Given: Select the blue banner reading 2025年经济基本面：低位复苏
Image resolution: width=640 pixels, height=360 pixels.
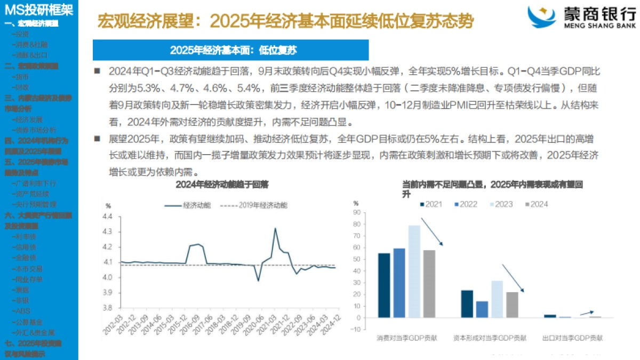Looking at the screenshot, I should click(230, 50).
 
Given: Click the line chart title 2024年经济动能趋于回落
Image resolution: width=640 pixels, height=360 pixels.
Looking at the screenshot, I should click(222, 185).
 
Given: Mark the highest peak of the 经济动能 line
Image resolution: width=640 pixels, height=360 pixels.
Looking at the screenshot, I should click(275, 229).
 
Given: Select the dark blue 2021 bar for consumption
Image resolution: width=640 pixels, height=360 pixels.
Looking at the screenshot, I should click(383, 285).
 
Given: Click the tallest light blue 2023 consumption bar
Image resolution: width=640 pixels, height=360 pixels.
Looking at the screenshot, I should click(414, 271).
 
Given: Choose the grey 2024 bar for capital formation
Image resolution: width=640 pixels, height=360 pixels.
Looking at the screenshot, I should click(512, 305).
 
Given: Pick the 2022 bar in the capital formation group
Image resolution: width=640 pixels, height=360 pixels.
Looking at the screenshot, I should click(482, 309).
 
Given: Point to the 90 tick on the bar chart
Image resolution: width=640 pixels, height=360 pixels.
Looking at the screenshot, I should click(358, 213).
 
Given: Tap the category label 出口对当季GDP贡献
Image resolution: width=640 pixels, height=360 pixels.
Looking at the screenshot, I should click(573, 338).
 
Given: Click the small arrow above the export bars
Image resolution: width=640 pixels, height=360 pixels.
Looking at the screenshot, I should click(587, 313).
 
